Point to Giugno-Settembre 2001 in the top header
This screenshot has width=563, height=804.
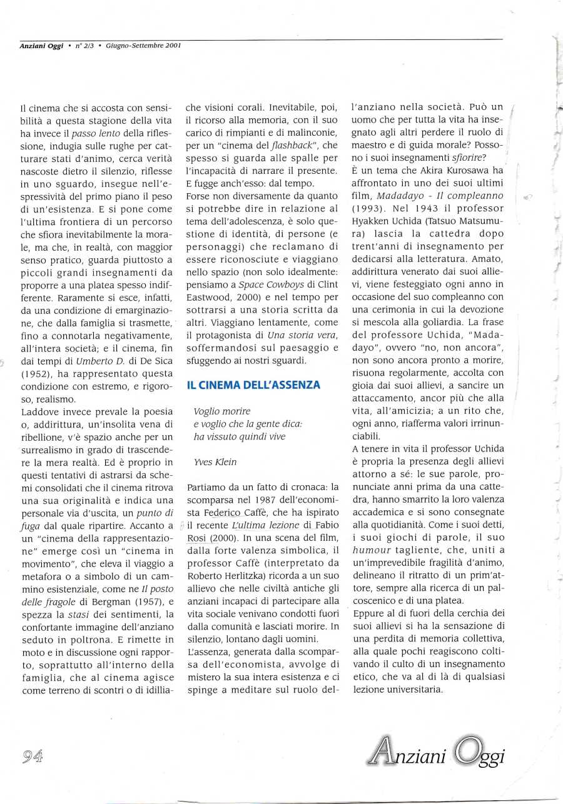[x=143, y=46]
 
